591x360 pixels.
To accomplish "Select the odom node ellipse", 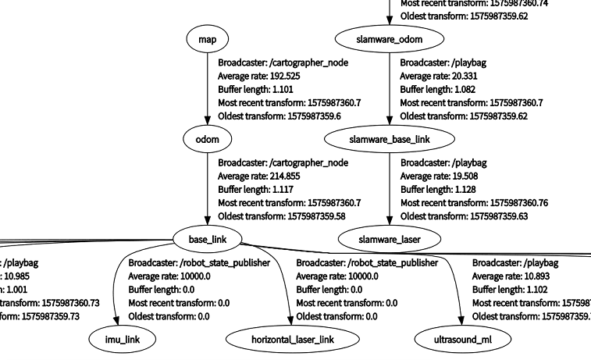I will (x=207, y=139).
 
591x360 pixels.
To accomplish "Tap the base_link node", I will (x=207, y=238).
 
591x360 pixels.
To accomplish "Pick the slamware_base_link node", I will (x=389, y=139).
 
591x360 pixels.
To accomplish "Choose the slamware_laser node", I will (x=389, y=238).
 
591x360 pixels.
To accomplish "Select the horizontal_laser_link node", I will (x=293, y=340).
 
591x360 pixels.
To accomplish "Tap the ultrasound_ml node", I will (x=462, y=340).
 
